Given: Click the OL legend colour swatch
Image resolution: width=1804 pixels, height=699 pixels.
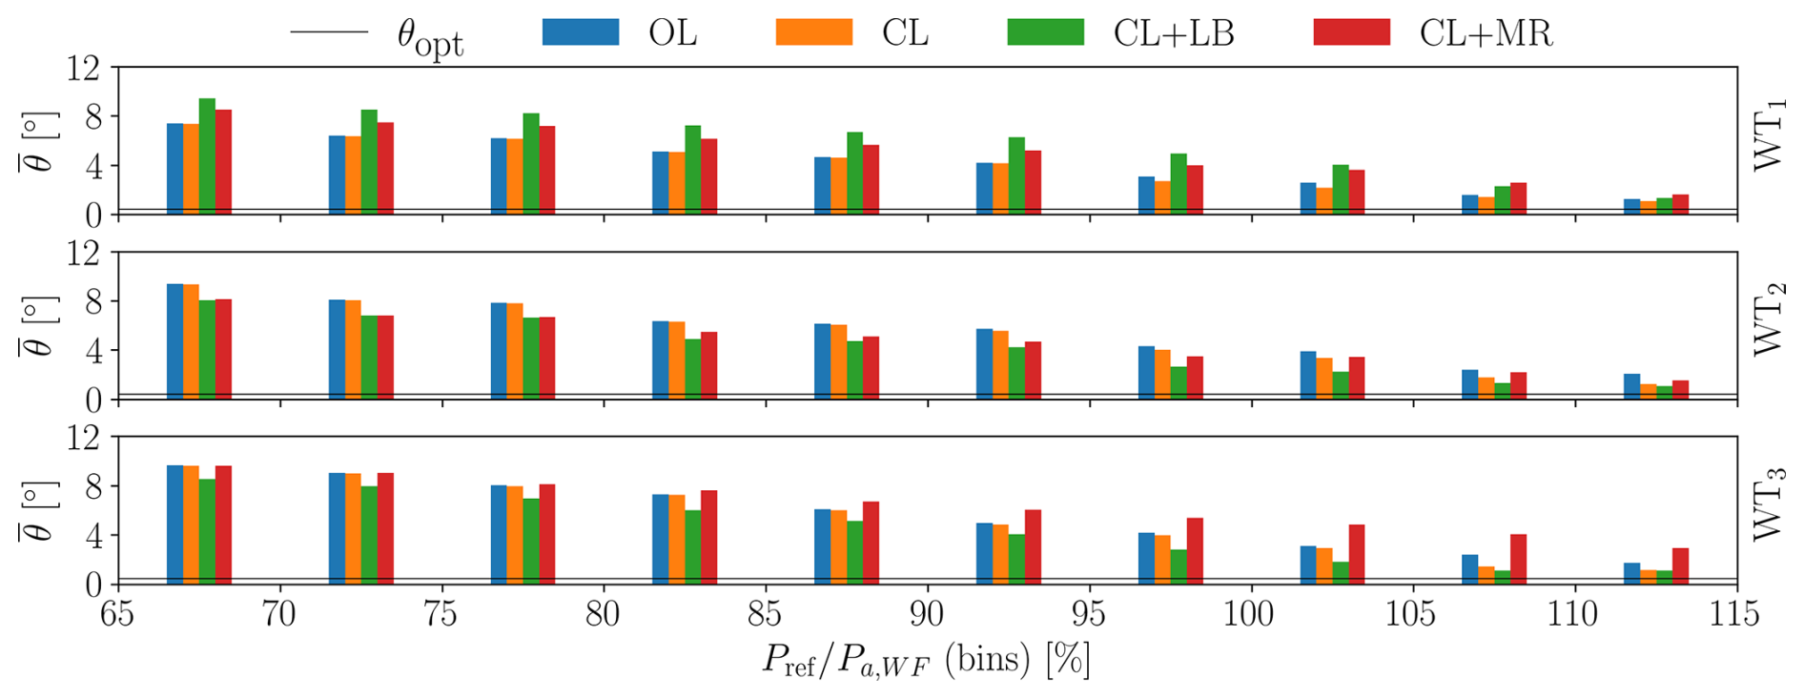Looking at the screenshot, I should point(580,32).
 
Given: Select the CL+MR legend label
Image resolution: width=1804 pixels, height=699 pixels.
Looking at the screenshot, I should point(1486,33).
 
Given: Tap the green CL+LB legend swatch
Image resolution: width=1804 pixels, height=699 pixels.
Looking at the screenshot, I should point(1045,32).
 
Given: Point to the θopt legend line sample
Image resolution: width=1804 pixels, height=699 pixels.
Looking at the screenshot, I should point(329,32).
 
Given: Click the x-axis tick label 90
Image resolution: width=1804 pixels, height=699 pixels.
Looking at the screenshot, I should point(926,613).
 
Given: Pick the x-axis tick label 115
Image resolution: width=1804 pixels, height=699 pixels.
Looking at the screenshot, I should point(1734,613).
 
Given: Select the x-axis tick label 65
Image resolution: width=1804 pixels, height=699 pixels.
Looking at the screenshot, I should point(117,613).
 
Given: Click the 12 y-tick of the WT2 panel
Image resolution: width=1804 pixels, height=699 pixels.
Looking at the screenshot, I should point(84,253).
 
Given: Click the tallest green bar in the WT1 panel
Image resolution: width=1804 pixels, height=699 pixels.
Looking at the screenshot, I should point(207,156).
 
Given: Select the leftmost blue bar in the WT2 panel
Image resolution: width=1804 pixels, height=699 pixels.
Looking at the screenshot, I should point(174,341).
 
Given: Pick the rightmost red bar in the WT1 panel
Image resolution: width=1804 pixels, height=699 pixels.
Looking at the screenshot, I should point(1680,204).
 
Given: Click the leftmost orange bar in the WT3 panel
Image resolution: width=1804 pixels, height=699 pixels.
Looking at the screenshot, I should point(191,524).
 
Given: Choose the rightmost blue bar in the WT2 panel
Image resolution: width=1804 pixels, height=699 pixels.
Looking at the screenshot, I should point(1631,386).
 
